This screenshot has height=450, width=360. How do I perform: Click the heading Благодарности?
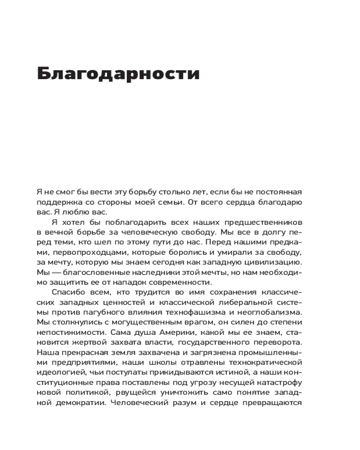(x=118, y=73)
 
